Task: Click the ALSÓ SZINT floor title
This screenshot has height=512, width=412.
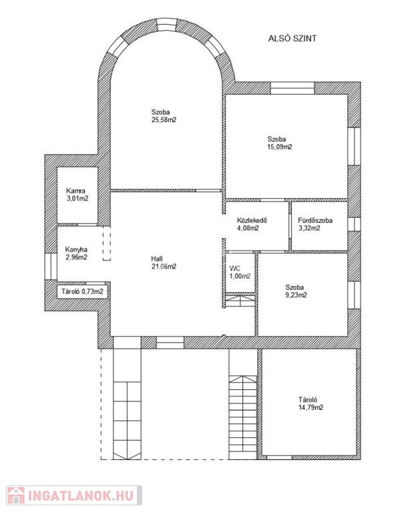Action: [x=292, y=39]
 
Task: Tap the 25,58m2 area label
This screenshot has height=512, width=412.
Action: [x=164, y=120]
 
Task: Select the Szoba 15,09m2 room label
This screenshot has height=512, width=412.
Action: [x=280, y=143]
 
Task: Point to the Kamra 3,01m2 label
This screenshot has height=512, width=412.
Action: [x=77, y=195]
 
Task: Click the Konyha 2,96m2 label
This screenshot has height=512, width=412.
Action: [x=76, y=253]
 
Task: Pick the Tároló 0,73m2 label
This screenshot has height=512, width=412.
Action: [x=82, y=291]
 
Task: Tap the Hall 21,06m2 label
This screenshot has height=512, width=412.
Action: [x=164, y=263]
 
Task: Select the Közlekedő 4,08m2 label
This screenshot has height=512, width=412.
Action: [x=252, y=224]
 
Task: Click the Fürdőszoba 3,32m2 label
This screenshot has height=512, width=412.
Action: [x=315, y=224]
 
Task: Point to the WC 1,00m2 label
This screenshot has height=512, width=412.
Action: [x=240, y=272]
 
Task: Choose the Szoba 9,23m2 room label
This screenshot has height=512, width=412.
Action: [x=296, y=291]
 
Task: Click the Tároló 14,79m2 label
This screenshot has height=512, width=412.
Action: [x=311, y=403]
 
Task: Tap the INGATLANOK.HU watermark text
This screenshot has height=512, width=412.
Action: [x=81, y=495]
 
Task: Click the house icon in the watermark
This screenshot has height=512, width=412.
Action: [x=16, y=495]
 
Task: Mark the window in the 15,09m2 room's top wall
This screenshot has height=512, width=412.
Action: [x=292, y=88]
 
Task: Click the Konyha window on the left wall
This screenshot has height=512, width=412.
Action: [x=51, y=267]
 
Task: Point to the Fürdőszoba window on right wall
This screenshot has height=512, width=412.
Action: [x=354, y=224]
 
